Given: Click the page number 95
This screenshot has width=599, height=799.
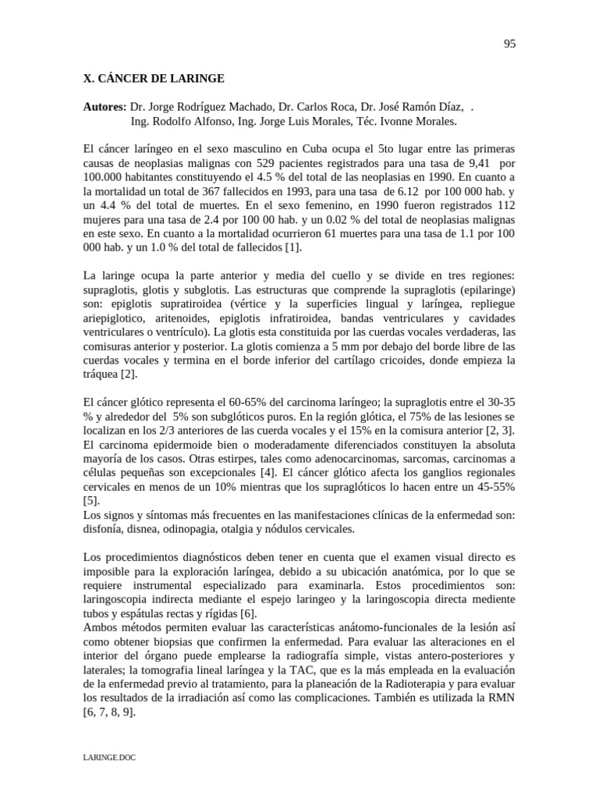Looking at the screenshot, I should click(x=509, y=44).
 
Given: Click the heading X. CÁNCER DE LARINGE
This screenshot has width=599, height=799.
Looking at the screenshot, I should click(x=154, y=79).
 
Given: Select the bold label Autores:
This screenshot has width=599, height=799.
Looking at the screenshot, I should click(x=105, y=107).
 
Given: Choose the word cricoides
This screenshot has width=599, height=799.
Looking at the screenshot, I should click(x=400, y=360).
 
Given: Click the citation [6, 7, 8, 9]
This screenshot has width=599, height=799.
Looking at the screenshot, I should click(x=109, y=712).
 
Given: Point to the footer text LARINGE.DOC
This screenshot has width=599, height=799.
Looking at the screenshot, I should click(x=108, y=757).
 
